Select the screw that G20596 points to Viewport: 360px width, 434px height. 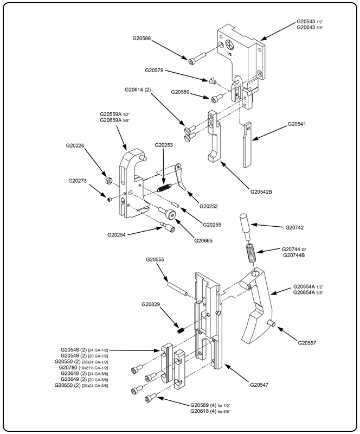(196, 59)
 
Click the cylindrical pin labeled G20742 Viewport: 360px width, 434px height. (243, 227)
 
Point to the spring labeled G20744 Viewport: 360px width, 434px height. (250, 253)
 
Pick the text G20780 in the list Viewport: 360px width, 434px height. (66, 367)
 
